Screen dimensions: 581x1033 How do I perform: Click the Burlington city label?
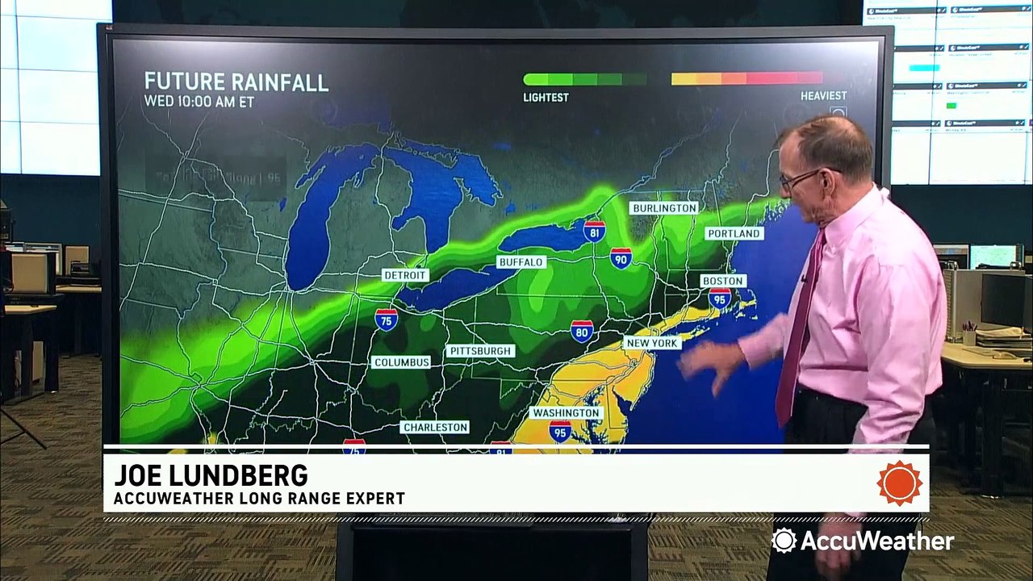click(x=664, y=208)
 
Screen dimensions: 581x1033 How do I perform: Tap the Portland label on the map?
click(x=734, y=233)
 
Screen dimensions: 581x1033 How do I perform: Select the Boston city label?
click(x=722, y=281)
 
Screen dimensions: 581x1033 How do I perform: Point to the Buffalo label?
click(x=521, y=262)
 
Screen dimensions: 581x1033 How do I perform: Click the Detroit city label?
click(x=405, y=275)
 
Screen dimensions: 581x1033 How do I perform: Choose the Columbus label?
click(x=402, y=362)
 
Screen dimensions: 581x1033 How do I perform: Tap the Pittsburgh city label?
click(x=481, y=351)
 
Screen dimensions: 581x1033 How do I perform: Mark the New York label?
click(x=651, y=343)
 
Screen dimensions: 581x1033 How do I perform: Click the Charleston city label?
click(x=435, y=427)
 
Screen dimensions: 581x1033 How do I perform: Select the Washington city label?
click(x=566, y=412)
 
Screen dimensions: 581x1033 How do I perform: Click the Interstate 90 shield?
click(x=621, y=258)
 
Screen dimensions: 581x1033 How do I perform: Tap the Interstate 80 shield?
click(x=582, y=331)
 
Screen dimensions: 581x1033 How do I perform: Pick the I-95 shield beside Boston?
click(x=720, y=299)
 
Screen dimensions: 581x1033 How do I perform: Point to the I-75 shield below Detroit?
click(x=386, y=319)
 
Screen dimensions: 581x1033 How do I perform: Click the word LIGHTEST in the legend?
click(x=546, y=98)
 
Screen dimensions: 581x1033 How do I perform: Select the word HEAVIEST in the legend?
click(x=823, y=96)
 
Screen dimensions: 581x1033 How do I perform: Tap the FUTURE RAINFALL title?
click(x=236, y=82)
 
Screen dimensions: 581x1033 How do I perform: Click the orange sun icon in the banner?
click(x=899, y=483)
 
